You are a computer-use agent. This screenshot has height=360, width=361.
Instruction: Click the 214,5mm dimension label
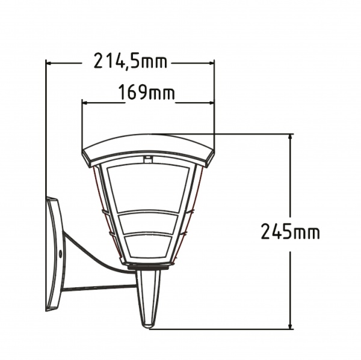pos(131,61)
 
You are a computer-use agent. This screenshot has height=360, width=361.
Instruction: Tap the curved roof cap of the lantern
pos(148,148)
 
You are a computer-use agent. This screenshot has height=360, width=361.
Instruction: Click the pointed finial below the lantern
pos(148,294)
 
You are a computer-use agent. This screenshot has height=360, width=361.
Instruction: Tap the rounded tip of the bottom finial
pos(147,324)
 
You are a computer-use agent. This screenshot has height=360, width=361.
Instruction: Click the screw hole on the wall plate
pos(60,254)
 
